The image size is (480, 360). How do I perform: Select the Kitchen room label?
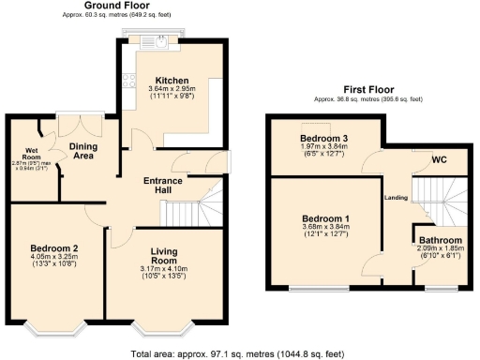(x=172, y=81)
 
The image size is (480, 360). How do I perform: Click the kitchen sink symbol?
(x=161, y=40)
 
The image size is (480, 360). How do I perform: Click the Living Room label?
(x=164, y=258)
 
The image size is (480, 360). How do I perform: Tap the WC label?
(x=439, y=158)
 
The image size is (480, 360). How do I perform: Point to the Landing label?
(x=396, y=197)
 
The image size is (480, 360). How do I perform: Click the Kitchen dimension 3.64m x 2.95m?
(x=172, y=90)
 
